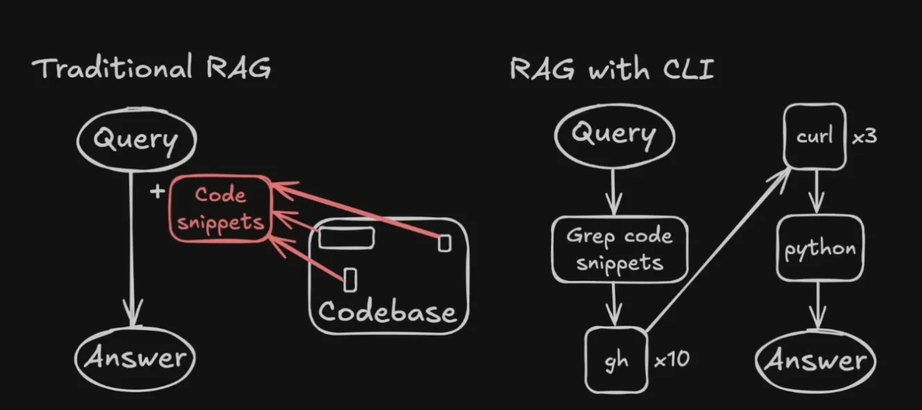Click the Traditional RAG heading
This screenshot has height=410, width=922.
pos(151,69)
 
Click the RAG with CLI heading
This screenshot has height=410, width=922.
pos(611,69)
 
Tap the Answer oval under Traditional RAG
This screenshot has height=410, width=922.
pos(135,358)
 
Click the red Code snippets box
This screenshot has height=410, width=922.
pos(220,208)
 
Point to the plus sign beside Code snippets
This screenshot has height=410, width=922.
pos(157,191)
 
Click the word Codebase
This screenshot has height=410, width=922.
pos(388,312)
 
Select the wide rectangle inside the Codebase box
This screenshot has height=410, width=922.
pos(347,238)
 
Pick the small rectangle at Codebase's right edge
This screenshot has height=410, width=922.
pos(444,242)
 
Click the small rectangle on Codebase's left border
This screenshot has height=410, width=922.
pos(350,278)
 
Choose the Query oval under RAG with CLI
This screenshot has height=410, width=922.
pos(614,133)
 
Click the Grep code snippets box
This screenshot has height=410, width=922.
pos(619,249)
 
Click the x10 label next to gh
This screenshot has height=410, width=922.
pos(671,360)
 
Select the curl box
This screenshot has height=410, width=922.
pos(814,136)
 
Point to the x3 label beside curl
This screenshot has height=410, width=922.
pos(864,136)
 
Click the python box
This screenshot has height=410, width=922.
pos(819,248)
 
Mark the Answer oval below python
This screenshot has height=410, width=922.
pos(815,359)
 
